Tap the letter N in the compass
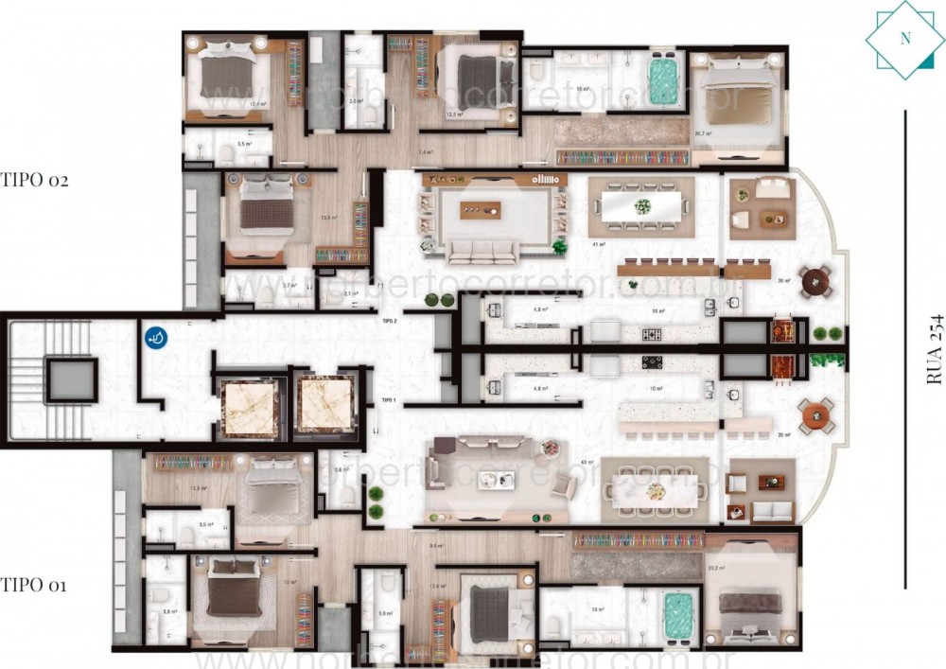pyautogui.click(x=905, y=39)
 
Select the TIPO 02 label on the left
pyautogui.click(x=35, y=180)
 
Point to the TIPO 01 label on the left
pyautogui.click(x=33, y=586)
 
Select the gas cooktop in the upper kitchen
pyautogui.click(x=652, y=334)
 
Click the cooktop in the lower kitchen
pyautogui.click(x=653, y=361)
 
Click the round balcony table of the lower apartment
pyautogui.click(x=815, y=414)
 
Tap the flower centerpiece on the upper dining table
pyautogui.click(x=643, y=204)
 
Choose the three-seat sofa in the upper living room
pyautogui.click(x=482, y=251)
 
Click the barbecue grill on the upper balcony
pyautogui.click(x=780, y=330)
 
